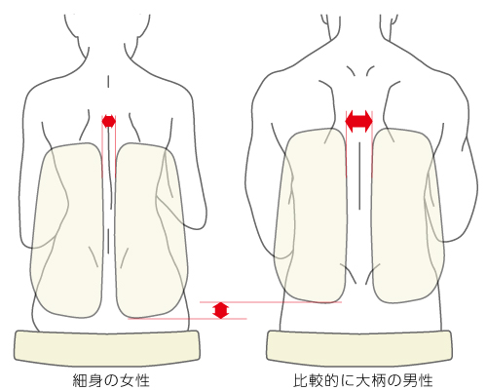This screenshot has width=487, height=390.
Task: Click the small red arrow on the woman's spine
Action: (108, 122)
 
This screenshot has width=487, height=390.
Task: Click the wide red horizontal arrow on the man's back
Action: (358, 121)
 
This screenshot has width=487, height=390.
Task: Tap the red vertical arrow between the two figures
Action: (221, 310)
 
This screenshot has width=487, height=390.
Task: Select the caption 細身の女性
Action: (111, 380)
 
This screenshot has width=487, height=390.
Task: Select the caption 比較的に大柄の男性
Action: (363, 380)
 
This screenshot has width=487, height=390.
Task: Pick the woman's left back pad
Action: (67, 230)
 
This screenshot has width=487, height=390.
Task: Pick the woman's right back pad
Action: (151, 230)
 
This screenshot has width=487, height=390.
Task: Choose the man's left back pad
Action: (310, 215)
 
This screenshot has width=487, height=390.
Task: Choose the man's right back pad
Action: (408, 215)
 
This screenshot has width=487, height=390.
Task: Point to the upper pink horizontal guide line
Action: (271, 302)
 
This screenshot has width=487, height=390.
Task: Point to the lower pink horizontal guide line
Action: (187, 319)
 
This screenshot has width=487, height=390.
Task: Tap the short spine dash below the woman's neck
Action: (108, 82)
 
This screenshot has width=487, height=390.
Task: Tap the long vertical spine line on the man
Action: (359, 175)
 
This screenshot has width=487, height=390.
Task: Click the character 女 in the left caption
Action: (127, 380)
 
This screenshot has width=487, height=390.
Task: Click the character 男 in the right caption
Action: (410, 380)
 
